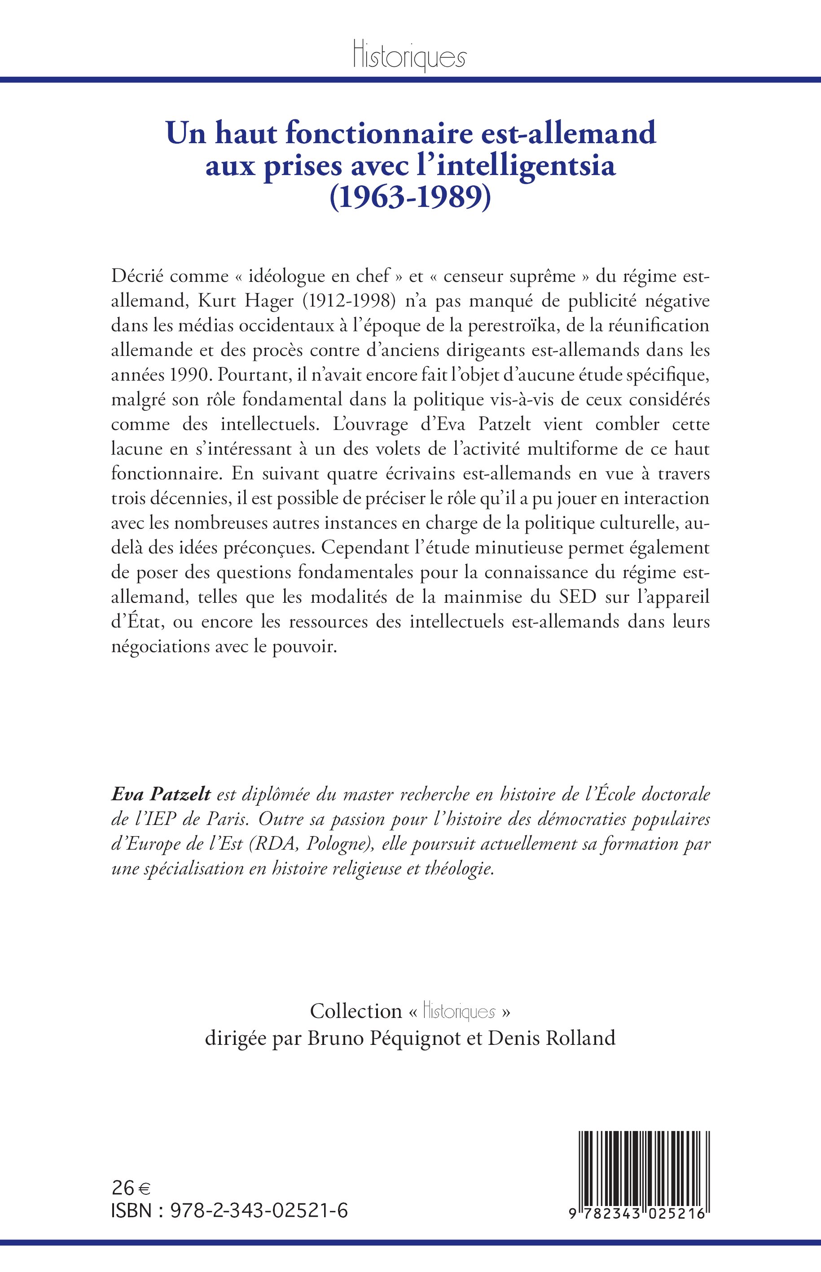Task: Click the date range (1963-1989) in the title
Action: click(x=410, y=198)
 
